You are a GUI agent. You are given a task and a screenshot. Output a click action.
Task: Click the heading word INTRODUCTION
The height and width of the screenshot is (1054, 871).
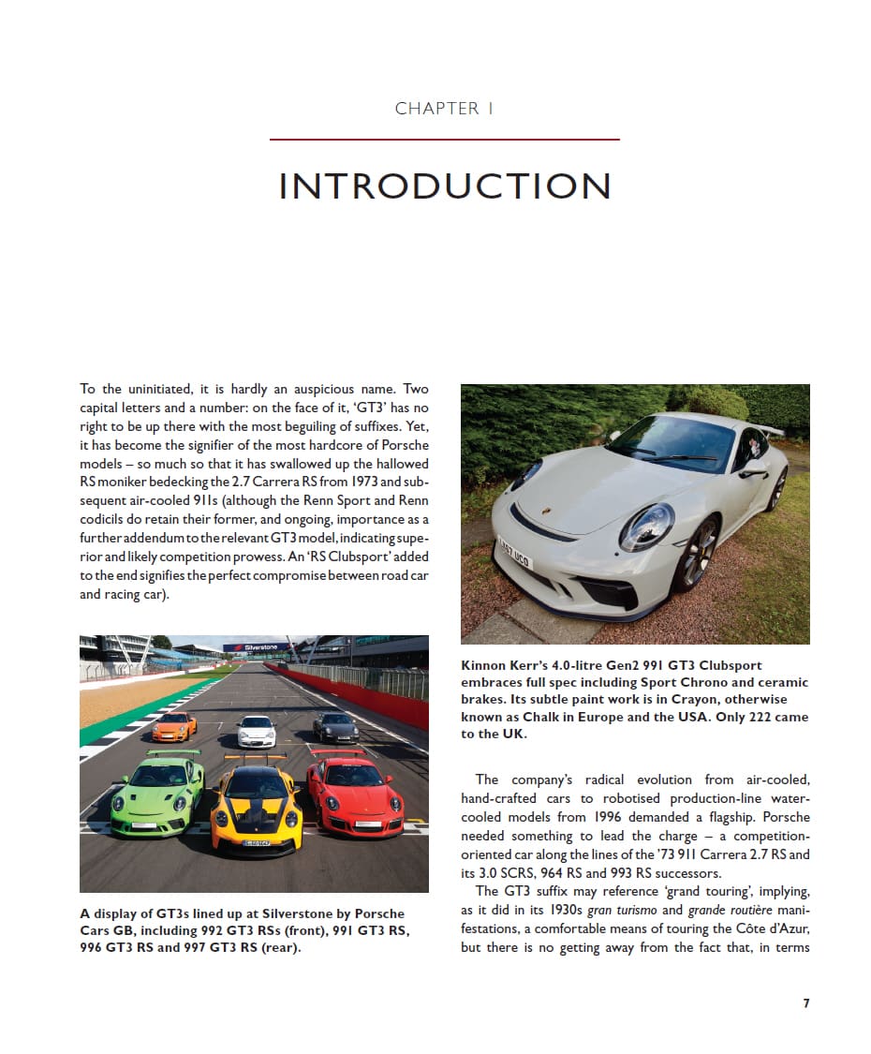click(445, 186)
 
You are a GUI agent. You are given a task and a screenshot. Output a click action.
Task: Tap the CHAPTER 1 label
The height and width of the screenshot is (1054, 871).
click(445, 109)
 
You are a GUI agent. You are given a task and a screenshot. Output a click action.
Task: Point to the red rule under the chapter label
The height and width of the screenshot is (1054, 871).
click(445, 140)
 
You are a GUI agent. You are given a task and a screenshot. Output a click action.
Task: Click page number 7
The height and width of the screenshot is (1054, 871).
click(805, 1003)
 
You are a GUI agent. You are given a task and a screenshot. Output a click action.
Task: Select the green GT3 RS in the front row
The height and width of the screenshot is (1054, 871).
click(156, 794)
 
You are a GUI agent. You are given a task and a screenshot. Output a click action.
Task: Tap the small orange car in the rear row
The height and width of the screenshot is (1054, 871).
click(174, 725)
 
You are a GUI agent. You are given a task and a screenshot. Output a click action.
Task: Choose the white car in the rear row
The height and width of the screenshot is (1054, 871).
click(256, 731)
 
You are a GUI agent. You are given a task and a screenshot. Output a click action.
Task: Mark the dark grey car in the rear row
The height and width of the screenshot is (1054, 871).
click(335, 727)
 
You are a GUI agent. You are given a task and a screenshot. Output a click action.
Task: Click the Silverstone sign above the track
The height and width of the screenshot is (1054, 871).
click(256, 647)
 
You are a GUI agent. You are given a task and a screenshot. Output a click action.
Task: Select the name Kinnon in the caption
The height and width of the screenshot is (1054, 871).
click(485, 665)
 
